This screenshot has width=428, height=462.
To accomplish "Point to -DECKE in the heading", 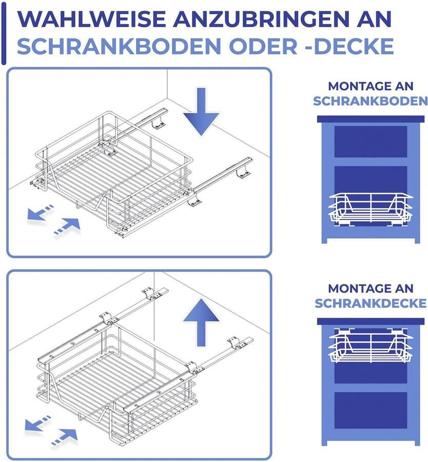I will [349, 46].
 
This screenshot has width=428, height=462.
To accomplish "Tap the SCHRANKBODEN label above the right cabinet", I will [371, 101].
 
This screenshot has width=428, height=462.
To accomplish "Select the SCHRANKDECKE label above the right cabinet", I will [371, 303].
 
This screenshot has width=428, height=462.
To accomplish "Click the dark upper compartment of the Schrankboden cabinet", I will [371, 141].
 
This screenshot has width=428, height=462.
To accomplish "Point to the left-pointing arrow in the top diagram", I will [40, 213].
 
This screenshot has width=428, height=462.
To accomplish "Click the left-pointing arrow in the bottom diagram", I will [39, 424].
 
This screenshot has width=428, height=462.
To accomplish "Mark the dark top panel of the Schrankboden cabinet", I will [371, 119].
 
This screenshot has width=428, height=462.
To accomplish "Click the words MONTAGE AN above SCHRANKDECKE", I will [371, 288].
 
